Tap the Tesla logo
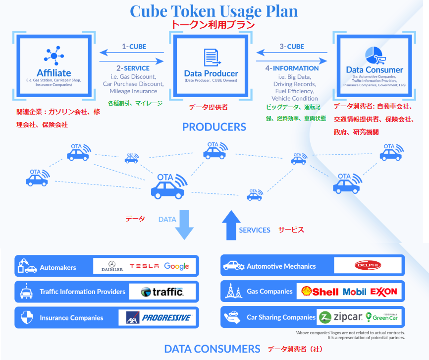click(x=144, y=266)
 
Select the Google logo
click(x=177, y=266)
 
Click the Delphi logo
click(x=368, y=266)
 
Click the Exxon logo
click(x=383, y=292)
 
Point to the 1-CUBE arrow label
click(x=134, y=47)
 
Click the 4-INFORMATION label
click(x=292, y=68)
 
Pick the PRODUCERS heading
click(x=214, y=127)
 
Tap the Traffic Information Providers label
click(x=83, y=292)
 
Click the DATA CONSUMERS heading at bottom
click(x=212, y=349)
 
